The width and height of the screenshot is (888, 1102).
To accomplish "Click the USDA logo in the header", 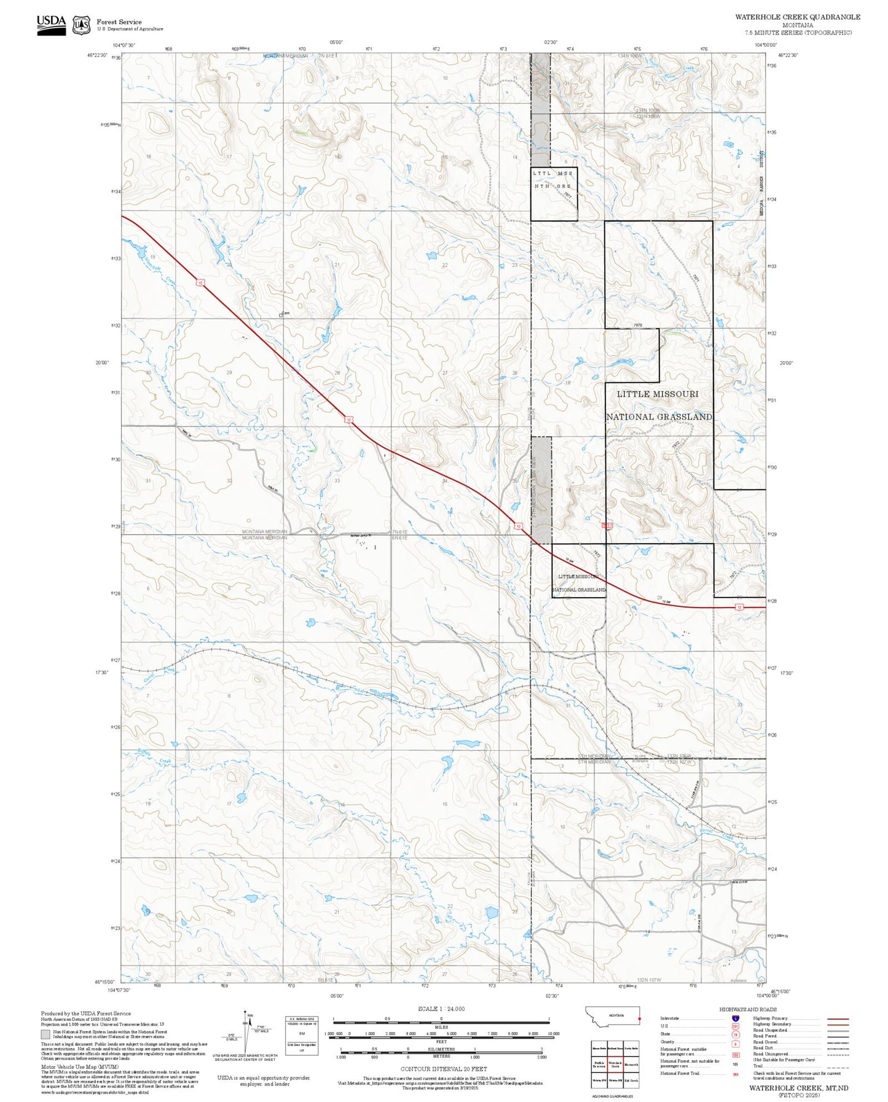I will pyautogui.click(x=51, y=24).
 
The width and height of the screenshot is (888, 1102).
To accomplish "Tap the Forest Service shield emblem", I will pyautogui.click(x=81, y=25).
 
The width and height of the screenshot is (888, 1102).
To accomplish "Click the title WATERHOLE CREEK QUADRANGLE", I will pyautogui.click(x=797, y=17).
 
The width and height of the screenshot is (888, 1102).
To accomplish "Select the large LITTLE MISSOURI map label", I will pyautogui.click(x=658, y=394).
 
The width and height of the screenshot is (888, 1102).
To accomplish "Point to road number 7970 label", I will pyautogui.click(x=637, y=325).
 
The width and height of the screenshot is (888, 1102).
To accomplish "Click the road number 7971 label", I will pyautogui.click(x=695, y=278).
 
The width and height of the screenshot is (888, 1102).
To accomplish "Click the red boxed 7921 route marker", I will pyautogui.click(x=607, y=526).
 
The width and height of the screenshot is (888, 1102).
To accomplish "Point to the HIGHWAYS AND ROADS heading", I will pyautogui.click(x=748, y=1009).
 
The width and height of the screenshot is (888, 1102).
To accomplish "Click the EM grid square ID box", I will pyautogui.click(x=301, y=1034).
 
